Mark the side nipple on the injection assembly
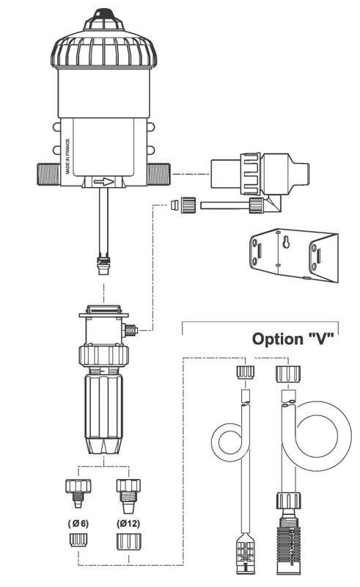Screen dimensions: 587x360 131,332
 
